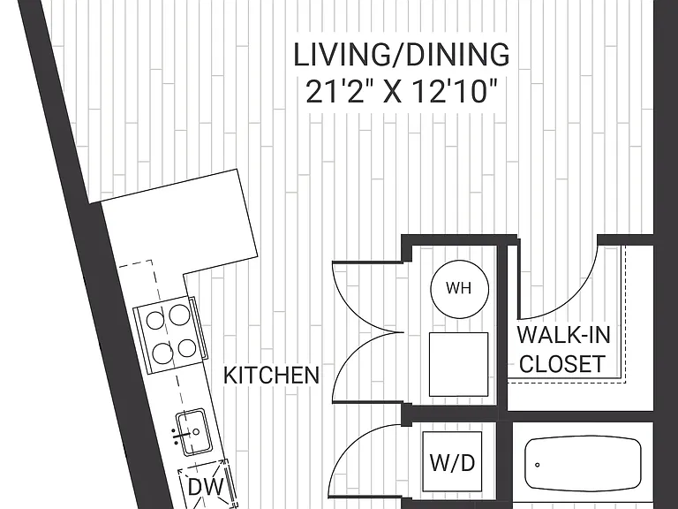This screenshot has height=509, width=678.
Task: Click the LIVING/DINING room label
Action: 402,55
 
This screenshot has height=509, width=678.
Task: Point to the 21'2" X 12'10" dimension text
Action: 402,92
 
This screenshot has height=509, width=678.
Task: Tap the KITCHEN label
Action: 272,375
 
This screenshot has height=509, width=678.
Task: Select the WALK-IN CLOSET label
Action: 563,349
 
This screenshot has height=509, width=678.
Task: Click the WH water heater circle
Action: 460,289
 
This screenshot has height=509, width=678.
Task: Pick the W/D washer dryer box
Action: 452,461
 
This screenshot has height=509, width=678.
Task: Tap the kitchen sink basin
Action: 193,432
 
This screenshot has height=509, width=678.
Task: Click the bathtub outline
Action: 583,464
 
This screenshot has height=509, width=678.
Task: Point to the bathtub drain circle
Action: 537,465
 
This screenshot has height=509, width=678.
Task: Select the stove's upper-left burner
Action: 155,320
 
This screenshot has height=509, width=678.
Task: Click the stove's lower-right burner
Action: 187,348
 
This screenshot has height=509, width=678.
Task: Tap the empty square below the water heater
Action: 458,364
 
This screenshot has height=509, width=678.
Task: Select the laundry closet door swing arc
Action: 350,445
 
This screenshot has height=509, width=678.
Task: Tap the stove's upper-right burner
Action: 178,315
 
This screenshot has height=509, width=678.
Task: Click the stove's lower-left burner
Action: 162,353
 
